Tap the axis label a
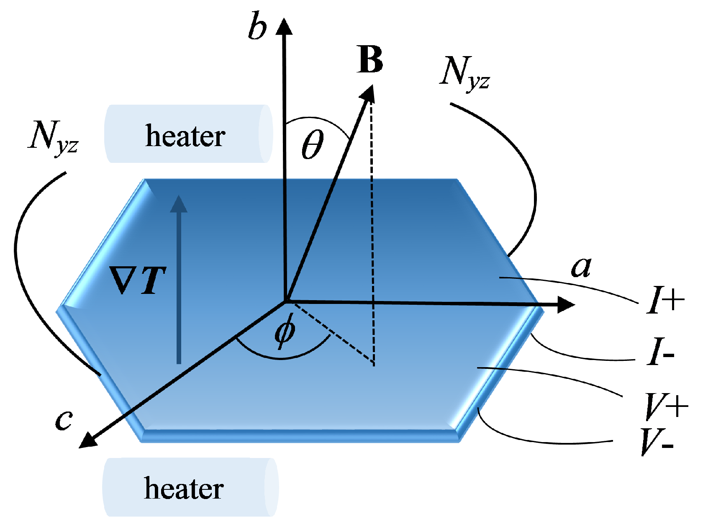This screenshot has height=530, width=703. click(581, 267)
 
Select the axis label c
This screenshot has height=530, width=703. click(64, 420)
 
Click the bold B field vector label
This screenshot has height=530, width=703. click(370, 60)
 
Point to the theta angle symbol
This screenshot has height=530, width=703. click(313, 144)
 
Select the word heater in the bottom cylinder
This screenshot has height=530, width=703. click(184, 489)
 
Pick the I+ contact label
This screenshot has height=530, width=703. click(665, 301)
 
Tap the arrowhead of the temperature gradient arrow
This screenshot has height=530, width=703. click(179, 204)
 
